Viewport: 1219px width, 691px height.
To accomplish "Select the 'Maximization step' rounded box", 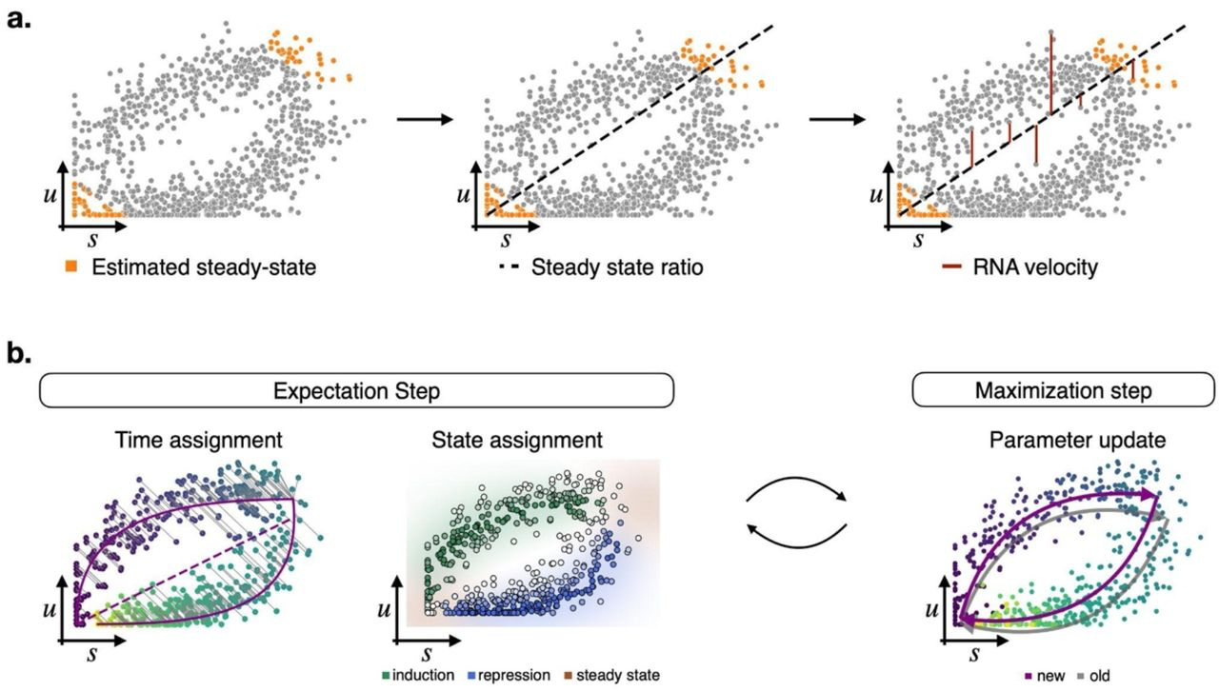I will click(1037, 390).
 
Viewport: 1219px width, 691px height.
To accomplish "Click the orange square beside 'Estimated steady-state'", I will click(70, 268).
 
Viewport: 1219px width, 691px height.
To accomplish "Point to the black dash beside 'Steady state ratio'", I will click(490, 268).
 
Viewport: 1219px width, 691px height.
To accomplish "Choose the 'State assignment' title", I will click(517, 440).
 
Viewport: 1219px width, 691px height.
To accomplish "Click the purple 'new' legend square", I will click(1028, 675).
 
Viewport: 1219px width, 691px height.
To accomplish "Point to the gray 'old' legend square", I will click(1077, 675).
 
